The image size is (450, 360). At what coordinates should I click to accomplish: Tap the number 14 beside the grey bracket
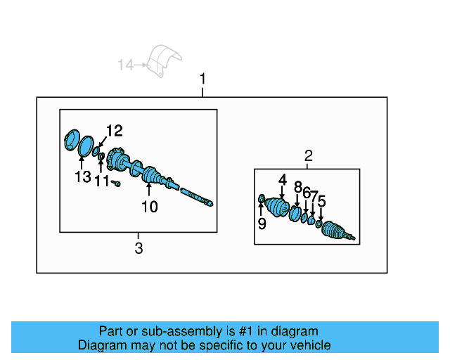click(125, 65)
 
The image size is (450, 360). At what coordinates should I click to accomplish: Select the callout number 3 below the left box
click(139, 247)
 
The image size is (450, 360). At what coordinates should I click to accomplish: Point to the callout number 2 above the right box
click(308, 156)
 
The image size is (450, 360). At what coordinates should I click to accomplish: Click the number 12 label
click(114, 130)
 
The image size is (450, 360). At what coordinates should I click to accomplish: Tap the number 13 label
click(83, 176)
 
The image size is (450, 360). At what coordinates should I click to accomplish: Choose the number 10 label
click(149, 207)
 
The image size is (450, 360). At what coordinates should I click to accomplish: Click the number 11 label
click(102, 182)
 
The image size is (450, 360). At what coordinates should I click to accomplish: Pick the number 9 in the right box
click(262, 224)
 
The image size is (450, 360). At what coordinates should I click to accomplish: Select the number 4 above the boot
click(282, 181)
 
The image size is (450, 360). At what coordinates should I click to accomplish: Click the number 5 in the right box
click(321, 202)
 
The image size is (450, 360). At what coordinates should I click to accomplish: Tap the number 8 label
click(297, 188)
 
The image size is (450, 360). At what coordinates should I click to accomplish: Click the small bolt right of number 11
click(117, 184)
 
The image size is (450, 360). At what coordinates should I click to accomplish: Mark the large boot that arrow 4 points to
click(278, 207)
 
